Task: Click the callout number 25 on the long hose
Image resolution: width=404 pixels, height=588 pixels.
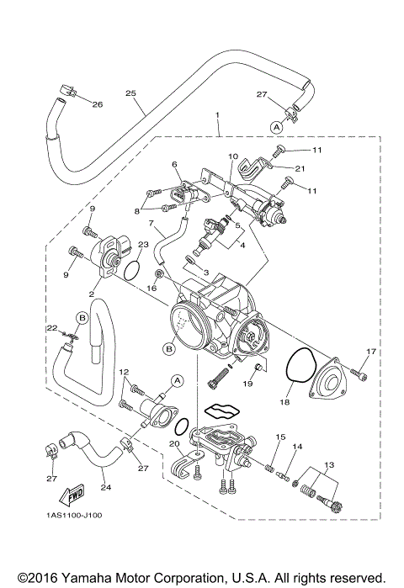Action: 130,93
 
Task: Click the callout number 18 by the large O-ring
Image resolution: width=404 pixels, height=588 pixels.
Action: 283,404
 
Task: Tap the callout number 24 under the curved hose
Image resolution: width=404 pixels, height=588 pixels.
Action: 105,486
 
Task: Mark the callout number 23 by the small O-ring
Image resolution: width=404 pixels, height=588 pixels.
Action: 144,245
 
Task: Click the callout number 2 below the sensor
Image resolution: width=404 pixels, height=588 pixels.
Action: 91,295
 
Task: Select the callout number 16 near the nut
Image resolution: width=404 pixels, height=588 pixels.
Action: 151,287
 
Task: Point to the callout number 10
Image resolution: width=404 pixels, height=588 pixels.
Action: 233,157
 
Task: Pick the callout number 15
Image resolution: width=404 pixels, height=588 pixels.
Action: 281,437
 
